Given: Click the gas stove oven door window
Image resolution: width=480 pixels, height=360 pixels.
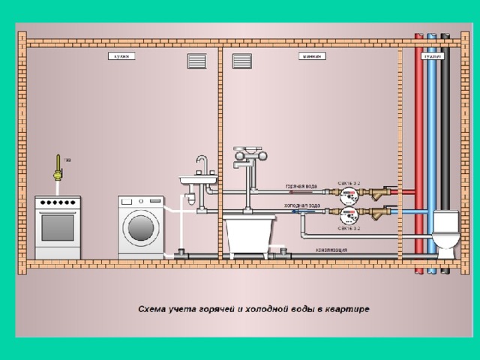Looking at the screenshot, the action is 58,227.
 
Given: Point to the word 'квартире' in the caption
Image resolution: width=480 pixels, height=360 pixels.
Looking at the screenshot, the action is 348,308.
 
